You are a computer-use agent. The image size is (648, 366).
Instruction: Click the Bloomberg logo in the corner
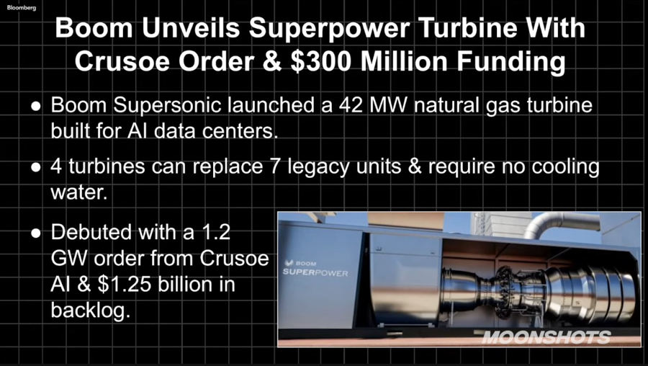(21, 8)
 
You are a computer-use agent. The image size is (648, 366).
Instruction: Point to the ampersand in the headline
(274, 62)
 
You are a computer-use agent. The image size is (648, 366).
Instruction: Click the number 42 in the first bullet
(351, 105)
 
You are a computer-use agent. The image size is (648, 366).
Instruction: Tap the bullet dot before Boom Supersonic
(36, 107)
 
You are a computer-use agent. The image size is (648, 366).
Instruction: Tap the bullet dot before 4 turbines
(36, 167)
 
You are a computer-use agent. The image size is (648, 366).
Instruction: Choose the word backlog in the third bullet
(91, 311)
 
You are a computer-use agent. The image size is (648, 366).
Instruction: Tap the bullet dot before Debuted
(36, 233)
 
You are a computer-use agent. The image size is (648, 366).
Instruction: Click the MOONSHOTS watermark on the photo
(546, 337)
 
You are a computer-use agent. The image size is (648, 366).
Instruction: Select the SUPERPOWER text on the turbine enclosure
(315, 273)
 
